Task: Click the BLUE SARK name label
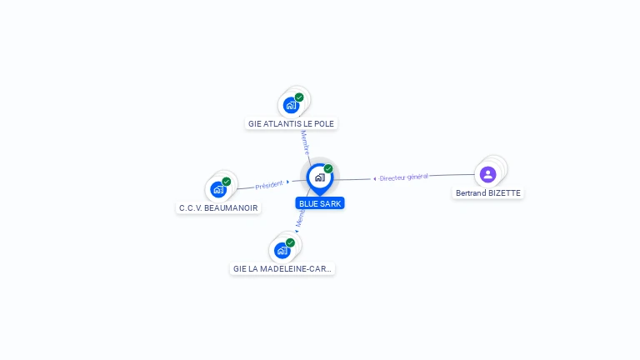320,203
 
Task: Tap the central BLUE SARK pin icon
320,179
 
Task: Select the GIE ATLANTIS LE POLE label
291,123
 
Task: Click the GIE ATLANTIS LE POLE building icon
291,105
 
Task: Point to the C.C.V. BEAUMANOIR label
218,207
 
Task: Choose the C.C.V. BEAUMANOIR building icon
218,189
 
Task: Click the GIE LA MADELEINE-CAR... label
282,268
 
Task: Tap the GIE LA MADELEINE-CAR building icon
282,251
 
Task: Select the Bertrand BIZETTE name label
488,192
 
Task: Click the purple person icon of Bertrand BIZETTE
487,174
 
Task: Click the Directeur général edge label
403,177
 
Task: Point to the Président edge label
269,185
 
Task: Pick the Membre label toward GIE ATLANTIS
305,142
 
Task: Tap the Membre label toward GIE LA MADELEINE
300,218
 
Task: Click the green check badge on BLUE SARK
328,168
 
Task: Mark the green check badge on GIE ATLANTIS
299,97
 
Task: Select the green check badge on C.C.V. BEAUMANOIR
227,182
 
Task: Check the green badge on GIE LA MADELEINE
290,242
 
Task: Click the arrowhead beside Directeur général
375,179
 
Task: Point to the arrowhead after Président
287,182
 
